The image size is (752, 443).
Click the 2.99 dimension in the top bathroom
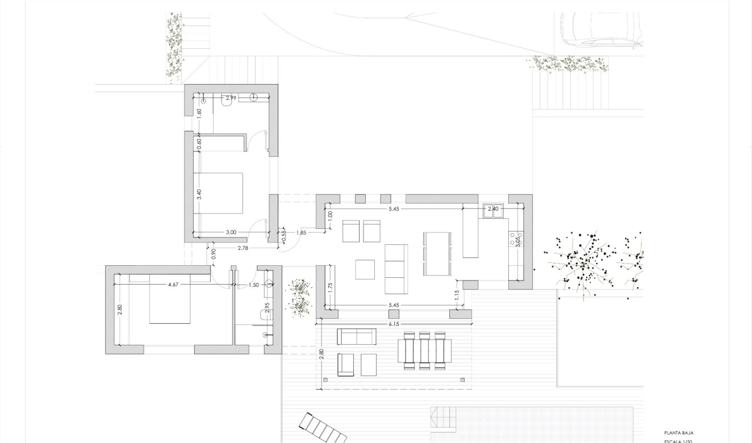coord(231,98)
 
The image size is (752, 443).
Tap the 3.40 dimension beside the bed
coord(199,194)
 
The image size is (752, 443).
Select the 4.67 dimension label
coord(174,285)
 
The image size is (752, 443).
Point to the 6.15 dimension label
coord(394,323)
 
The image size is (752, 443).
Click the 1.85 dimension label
coord(301,232)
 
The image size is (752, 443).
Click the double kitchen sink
coord(493,210)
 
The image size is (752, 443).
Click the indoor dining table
coord(437,253)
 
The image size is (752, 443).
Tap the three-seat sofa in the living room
coord(396,269)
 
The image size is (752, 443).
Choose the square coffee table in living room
coord(365,269)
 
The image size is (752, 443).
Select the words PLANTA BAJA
coord(679,433)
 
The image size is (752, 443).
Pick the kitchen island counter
coord(470,231)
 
